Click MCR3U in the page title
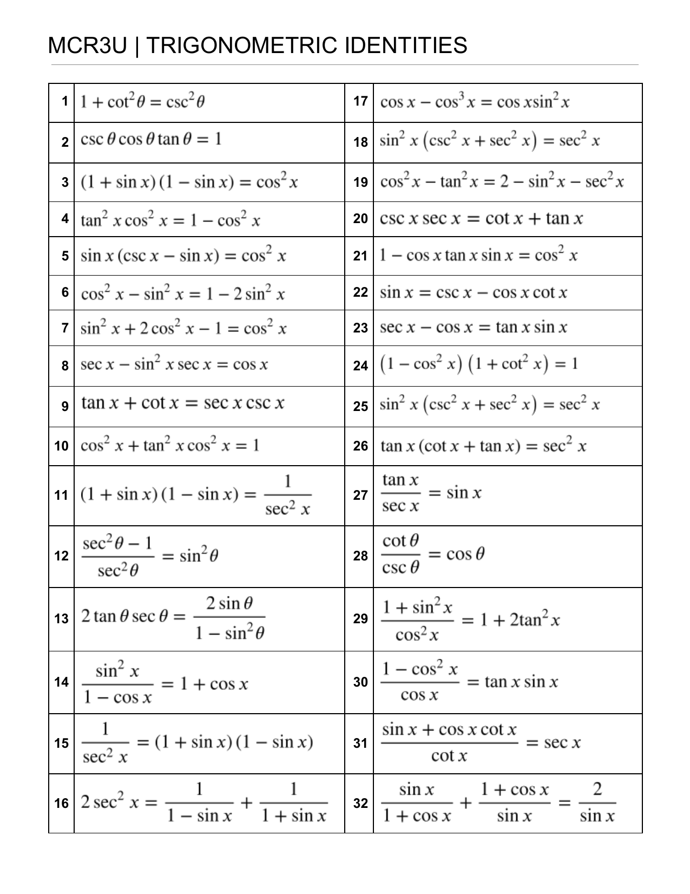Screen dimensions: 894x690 tap(87, 45)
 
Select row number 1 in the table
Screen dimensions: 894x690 tap(65, 102)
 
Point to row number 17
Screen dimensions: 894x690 tap(360, 102)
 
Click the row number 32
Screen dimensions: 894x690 tap(360, 804)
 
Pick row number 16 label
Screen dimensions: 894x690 tap(62, 804)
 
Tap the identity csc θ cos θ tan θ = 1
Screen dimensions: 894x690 tap(151, 140)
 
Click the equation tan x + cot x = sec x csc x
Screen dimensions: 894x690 tap(183, 403)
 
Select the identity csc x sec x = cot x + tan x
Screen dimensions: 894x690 tap(481, 219)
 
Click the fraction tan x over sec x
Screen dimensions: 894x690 tap(400, 493)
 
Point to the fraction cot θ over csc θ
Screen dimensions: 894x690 tap(400, 554)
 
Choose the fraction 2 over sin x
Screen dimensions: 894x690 tap(597, 802)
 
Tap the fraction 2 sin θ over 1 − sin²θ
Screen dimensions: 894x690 tap(229, 618)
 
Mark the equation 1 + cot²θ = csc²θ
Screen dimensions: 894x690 tap(142, 102)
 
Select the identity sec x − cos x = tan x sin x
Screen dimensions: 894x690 tap(474, 328)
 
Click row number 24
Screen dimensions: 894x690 tap(360, 366)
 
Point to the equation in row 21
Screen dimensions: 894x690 tap(478, 255)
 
